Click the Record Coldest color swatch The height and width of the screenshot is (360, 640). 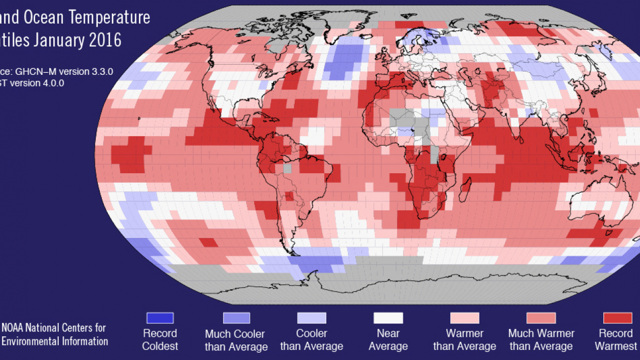[x=160, y=318]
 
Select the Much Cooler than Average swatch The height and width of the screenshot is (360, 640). [x=236, y=318]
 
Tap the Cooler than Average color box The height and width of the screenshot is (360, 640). [x=312, y=318]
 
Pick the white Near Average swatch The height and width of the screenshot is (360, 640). [x=388, y=318]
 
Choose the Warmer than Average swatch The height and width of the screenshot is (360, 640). [x=464, y=318]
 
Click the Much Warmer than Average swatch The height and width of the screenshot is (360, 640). [x=541, y=318]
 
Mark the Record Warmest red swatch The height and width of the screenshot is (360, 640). [x=617, y=318]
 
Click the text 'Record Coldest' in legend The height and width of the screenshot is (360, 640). [x=160, y=339]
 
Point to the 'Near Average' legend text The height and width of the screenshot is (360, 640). [x=388, y=339]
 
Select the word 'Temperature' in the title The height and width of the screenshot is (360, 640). [x=110, y=17]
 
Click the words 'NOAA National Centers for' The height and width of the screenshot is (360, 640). [x=54, y=328]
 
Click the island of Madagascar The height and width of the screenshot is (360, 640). [x=466, y=191]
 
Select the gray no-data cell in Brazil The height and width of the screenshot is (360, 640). [x=287, y=169]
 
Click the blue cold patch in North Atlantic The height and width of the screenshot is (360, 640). [x=344, y=60]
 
